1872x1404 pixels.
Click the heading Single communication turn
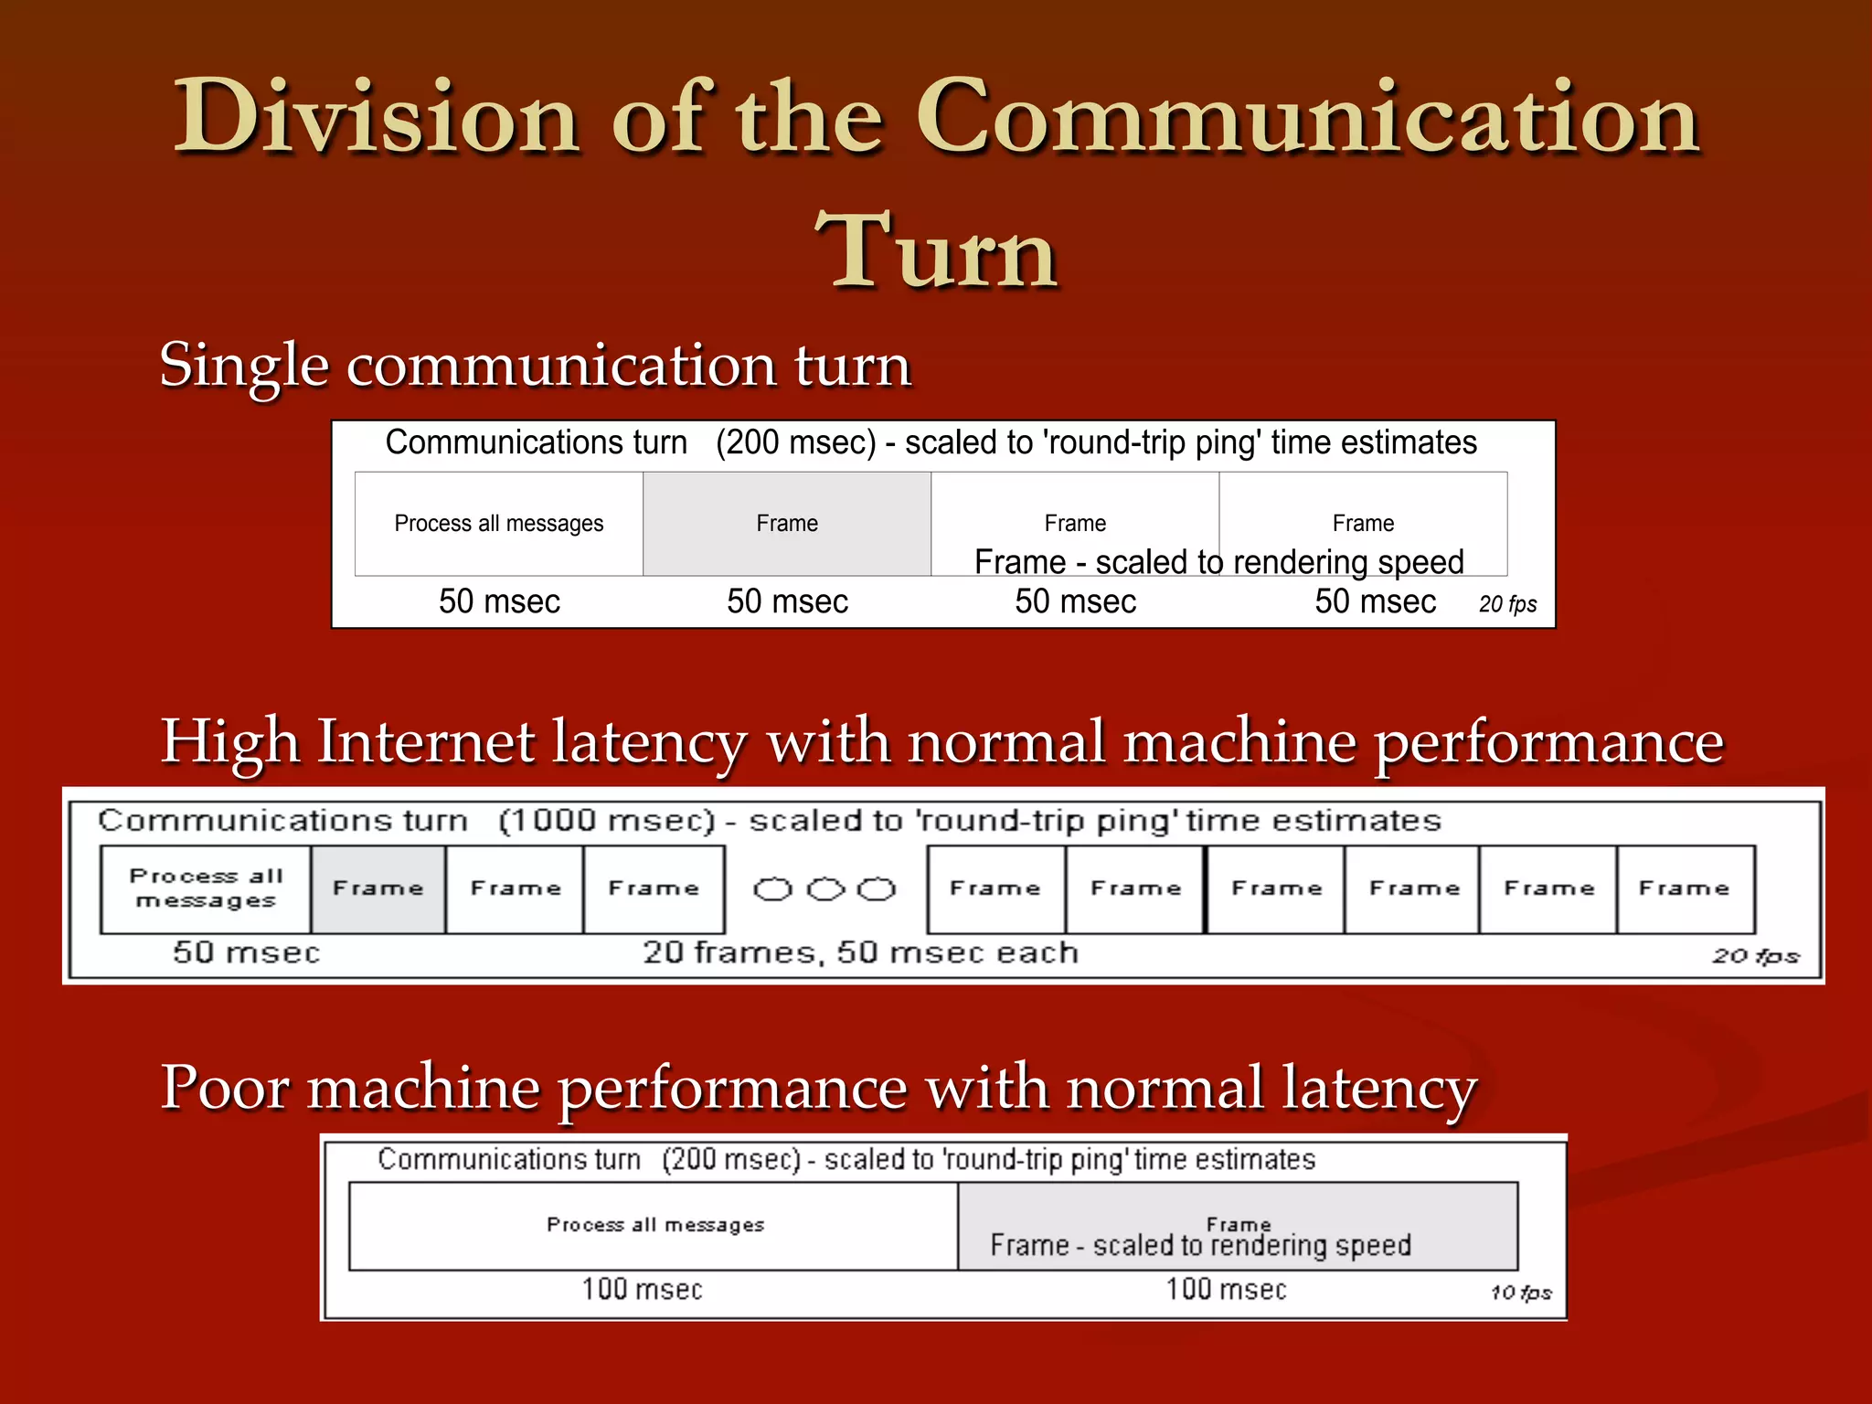point(536,366)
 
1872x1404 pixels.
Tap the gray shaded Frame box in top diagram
point(787,524)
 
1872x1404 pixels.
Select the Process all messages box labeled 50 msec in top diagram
point(499,524)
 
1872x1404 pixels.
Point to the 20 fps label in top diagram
point(1507,604)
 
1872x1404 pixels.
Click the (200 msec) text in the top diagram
point(795,442)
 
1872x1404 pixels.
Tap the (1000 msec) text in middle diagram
point(606,820)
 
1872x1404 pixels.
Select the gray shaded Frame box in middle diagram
point(378,888)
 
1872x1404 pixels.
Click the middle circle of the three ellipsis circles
point(825,888)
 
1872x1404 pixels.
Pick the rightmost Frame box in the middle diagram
point(1684,888)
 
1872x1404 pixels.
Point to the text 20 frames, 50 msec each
point(860,952)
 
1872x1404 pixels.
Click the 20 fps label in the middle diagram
point(1755,956)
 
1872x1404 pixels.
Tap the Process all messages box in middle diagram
point(206,888)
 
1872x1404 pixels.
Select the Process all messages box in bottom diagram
point(654,1225)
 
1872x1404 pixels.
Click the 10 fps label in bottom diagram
point(1521,1292)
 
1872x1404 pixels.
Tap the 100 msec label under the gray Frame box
point(1226,1289)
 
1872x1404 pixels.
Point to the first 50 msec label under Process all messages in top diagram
point(499,601)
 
